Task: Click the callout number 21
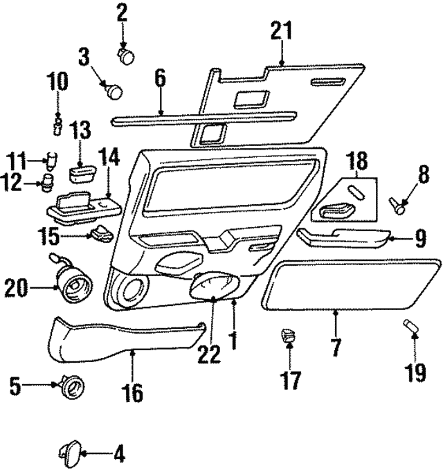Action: pyautogui.click(x=281, y=32)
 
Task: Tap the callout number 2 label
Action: pyautogui.click(x=122, y=11)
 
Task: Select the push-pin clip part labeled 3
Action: pyautogui.click(x=113, y=89)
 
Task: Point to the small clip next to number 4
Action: pyautogui.click(x=69, y=453)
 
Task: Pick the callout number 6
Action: pyautogui.click(x=160, y=78)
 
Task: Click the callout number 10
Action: pyautogui.click(x=58, y=81)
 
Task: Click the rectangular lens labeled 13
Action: pyautogui.click(x=82, y=170)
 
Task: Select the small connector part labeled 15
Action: pyautogui.click(x=101, y=233)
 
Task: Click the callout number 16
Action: pyautogui.click(x=132, y=394)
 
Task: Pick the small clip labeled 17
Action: pyautogui.click(x=287, y=338)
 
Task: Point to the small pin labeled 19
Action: pyautogui.click(x=409, y=326)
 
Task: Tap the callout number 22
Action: pyautogui.click(x=208, y=354)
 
